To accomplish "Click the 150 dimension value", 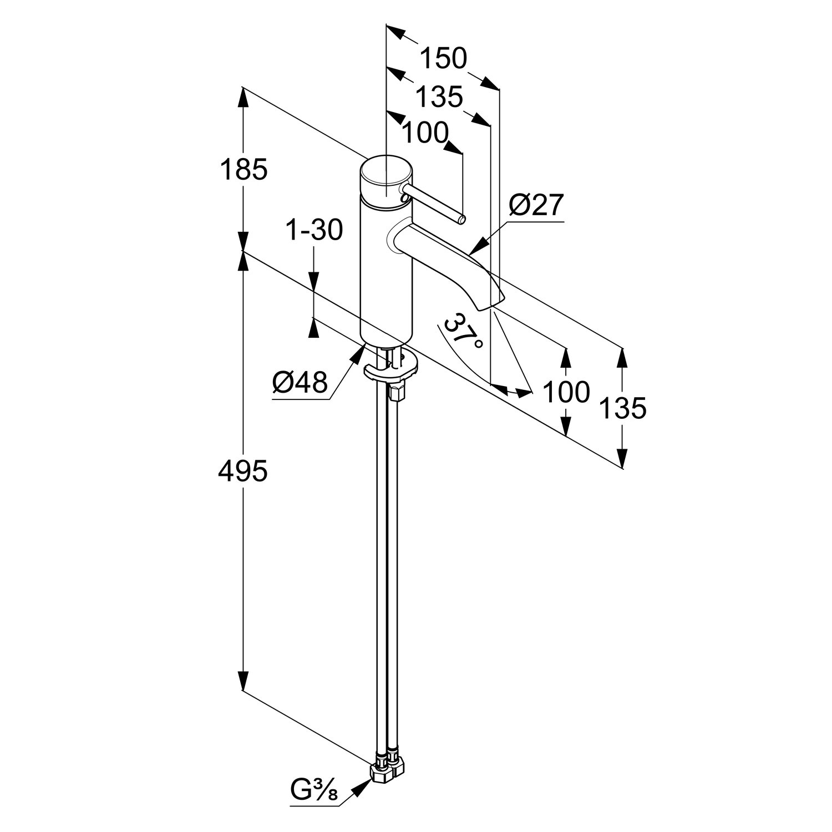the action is (444, 58).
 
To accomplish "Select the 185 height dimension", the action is (243, 170).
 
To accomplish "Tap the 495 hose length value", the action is (243, 471).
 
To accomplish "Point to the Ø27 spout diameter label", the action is (536, 205).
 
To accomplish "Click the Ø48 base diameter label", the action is (300, 382).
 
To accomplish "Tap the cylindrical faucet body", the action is (386, 272).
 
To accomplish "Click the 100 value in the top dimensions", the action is (425, 133).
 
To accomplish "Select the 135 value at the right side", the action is (623, 408).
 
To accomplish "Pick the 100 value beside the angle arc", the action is (566, 392).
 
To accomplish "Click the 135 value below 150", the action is (439, 98).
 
